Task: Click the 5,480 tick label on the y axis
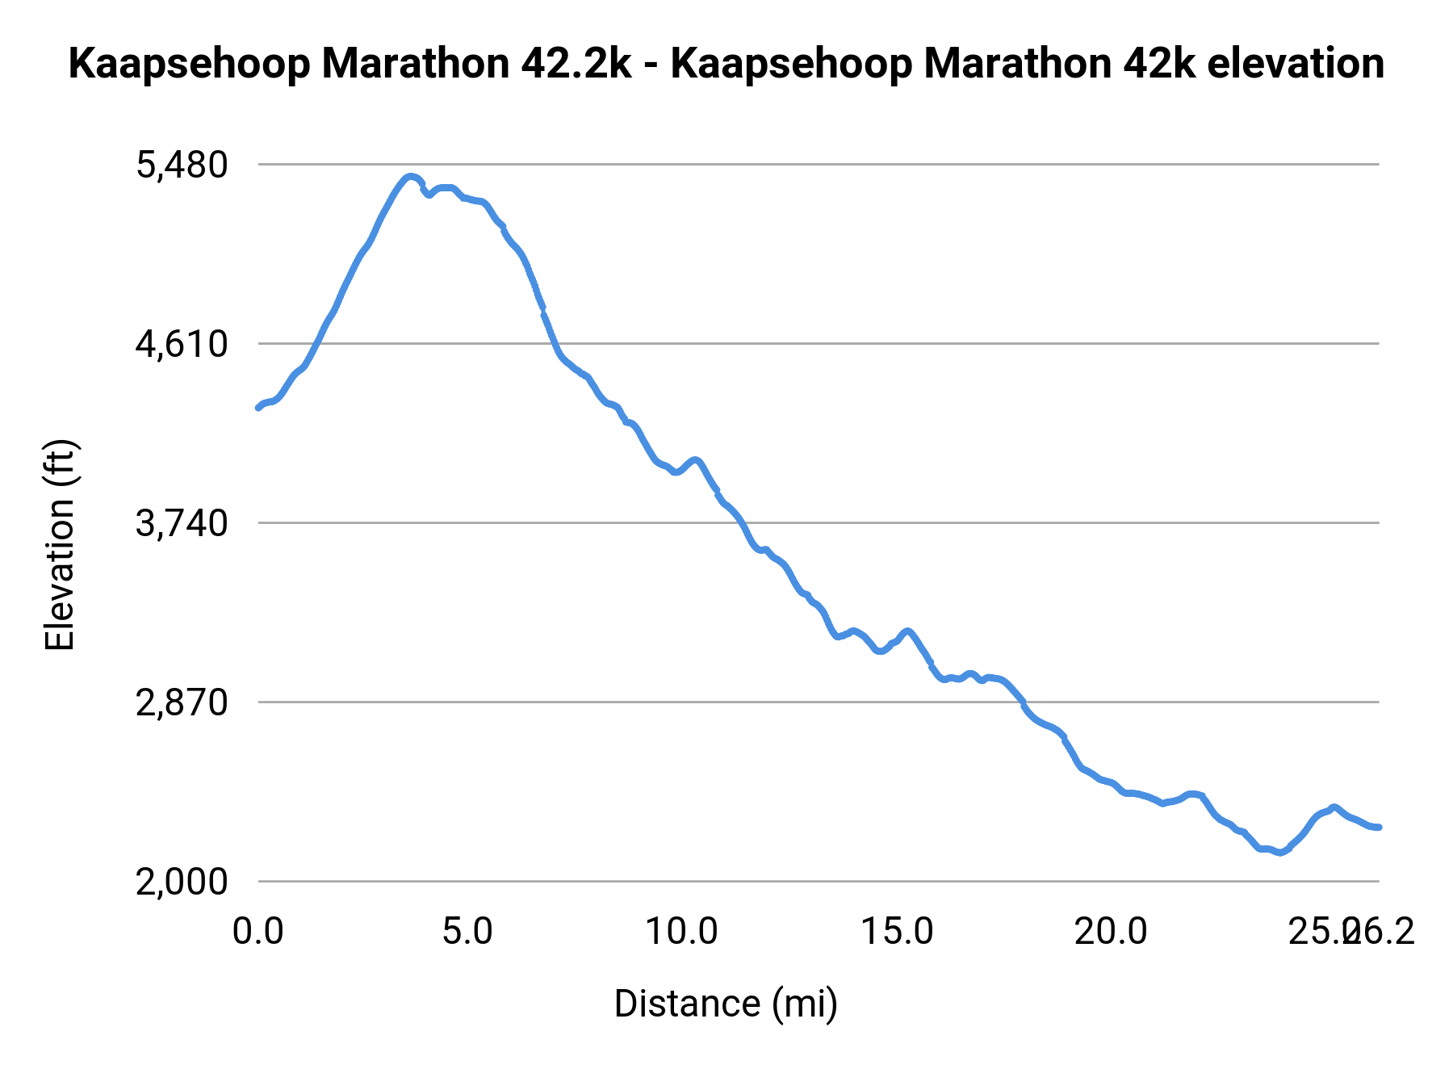[x=182, y=165]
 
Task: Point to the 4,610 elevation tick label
[x=182, y=345]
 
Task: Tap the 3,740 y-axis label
[x=182, y=524]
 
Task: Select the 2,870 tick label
[x=182, y=703]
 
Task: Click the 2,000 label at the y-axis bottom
[x=182, y=882]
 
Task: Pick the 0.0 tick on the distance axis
[x=258, y=932]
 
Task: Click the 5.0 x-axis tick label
[x=467, y=932]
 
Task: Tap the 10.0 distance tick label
[x=681, y=932]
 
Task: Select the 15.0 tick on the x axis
[x=897, y=932]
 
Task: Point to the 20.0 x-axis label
[x=1111, y=932]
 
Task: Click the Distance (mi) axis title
[x=726, y=1004]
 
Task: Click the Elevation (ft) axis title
[x=60, y=545]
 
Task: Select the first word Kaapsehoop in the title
[x=189, y=64]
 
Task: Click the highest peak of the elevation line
[x=411, y=176]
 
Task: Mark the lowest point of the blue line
[x=1279, y=853]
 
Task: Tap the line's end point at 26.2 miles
[x=1380, y=828]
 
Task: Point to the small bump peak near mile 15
[x=908, y=631]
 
